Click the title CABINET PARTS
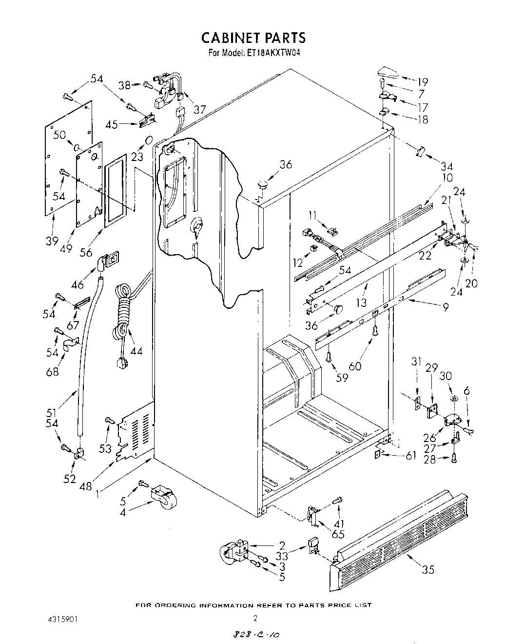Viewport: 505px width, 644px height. tap(253, 38)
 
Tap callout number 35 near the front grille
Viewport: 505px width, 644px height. tap(427, 569)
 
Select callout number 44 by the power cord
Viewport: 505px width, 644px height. tap(136, 350)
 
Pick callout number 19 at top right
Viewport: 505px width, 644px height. tap(422, 82)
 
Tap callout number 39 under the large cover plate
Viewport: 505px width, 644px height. tap(53, 241)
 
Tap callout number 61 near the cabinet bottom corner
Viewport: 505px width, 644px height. tap(411, 456)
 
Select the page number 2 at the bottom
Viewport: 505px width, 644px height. tap(254, 618)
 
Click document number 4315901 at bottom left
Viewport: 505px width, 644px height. tap(59, 619)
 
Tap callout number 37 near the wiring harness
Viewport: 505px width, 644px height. tap(199, 110)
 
